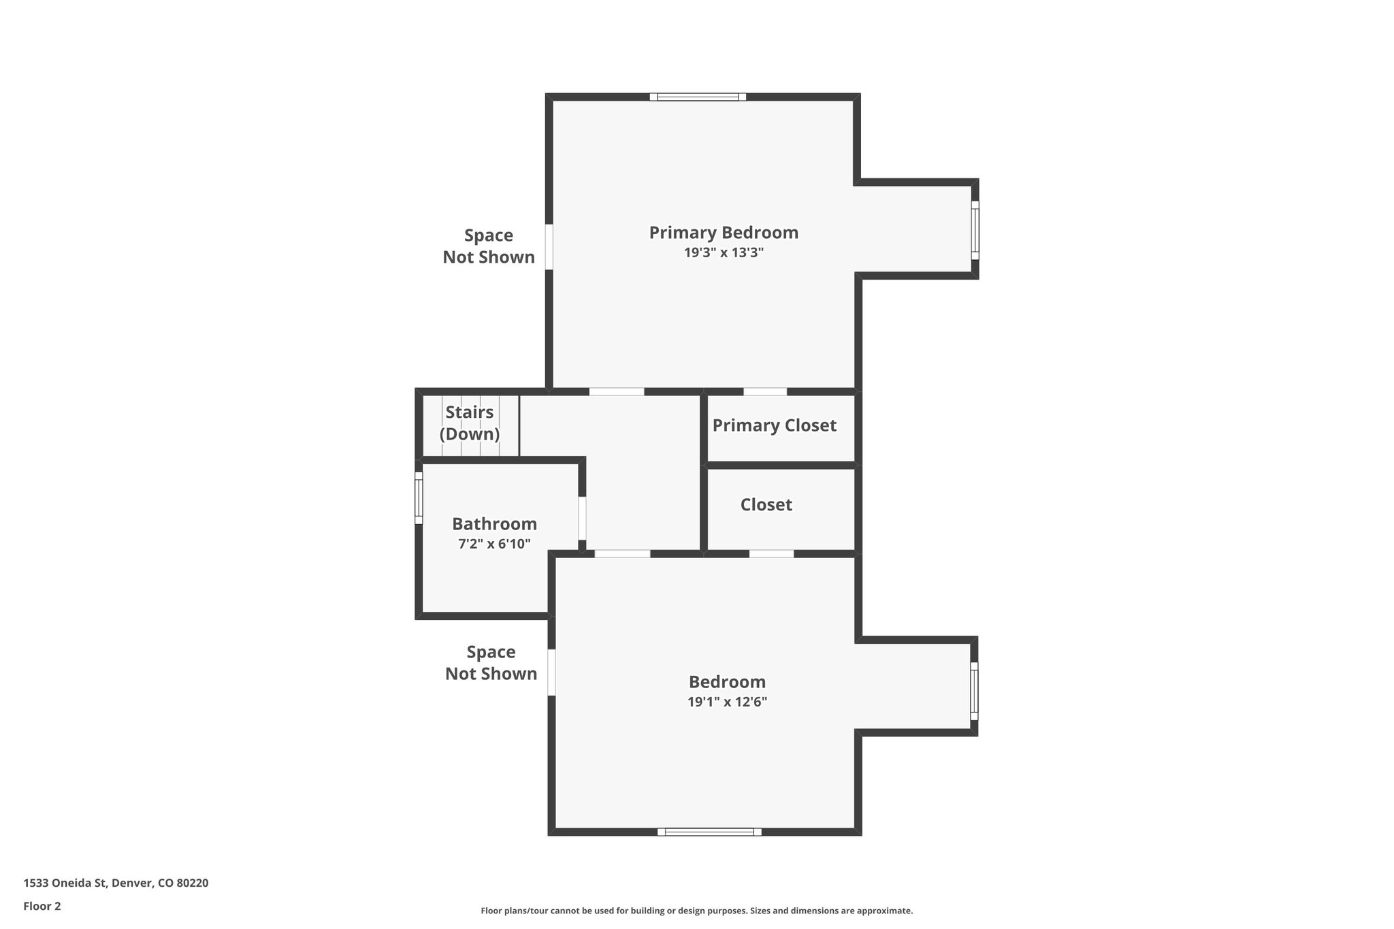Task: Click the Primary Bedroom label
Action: click(x=724, y=233)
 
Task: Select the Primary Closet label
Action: click(x=774, y=425)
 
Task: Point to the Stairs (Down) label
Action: click(x=470, y=423)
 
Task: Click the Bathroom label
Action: click(x=494, y=524)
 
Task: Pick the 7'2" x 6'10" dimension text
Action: click(x=494, y=544)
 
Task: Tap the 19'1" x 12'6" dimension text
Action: click(x=727, y=702)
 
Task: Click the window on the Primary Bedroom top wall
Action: click(x=698, y=97)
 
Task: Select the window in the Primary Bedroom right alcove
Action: click(x=975, y=230)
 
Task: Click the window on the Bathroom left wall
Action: click(x=419, y=498)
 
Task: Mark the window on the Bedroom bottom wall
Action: click(x=709, y=832)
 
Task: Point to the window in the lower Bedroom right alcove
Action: click(x=974, y=691)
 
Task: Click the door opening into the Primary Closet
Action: click(x=764, y=392)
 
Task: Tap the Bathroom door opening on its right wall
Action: click(x=582, y=518)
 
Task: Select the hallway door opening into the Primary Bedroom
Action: click(x=616, y=392)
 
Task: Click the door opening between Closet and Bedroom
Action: click(x=771, y=554)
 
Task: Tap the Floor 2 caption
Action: click(x=42, y=906)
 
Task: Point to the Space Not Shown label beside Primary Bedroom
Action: click(x=489, y=246)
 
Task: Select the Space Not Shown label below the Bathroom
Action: click(x=491, y=663)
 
